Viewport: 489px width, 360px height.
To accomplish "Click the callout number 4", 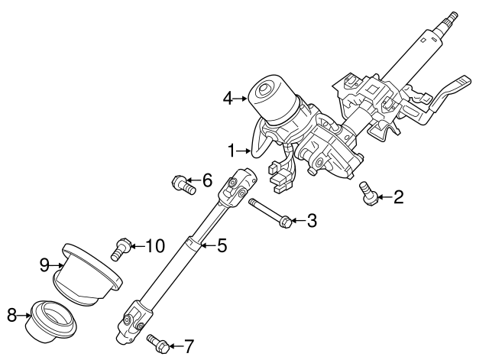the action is coord(228,99).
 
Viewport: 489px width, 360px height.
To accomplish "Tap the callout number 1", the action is coord(232,151).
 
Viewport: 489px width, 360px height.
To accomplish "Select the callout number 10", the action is coord(155,246).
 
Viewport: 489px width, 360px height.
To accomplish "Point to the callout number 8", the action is coord(11,316).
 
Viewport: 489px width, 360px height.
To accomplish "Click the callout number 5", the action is coord(222,245).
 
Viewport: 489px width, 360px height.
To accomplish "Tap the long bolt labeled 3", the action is coord(270,214).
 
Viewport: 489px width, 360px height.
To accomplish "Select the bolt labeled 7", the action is coord(159,344).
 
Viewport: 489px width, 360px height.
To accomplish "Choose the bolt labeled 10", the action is coord(121,249).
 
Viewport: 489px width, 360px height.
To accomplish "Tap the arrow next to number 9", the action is coord(57,265).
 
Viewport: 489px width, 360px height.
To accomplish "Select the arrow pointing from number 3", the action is coord(299,221).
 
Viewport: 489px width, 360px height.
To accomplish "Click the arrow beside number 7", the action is coord(176,346).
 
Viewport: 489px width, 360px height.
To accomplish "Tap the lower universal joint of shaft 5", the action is coord(134,321).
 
